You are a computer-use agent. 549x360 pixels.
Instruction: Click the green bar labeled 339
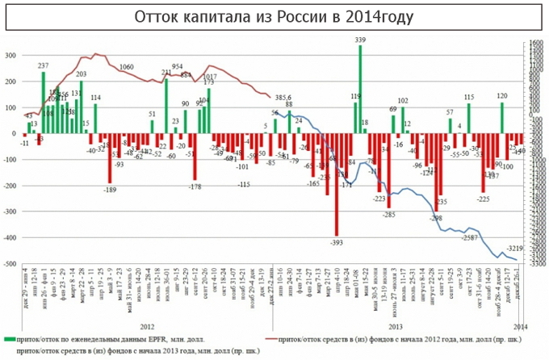click(x=360, y=89)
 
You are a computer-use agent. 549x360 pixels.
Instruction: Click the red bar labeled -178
click(x=195, y=157)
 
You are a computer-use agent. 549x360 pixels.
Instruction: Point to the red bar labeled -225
click(x=484, y=162)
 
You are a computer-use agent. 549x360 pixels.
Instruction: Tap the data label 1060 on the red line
click(x=126, y=67)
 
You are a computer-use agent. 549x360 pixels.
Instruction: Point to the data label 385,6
click(x=285, y=96)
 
